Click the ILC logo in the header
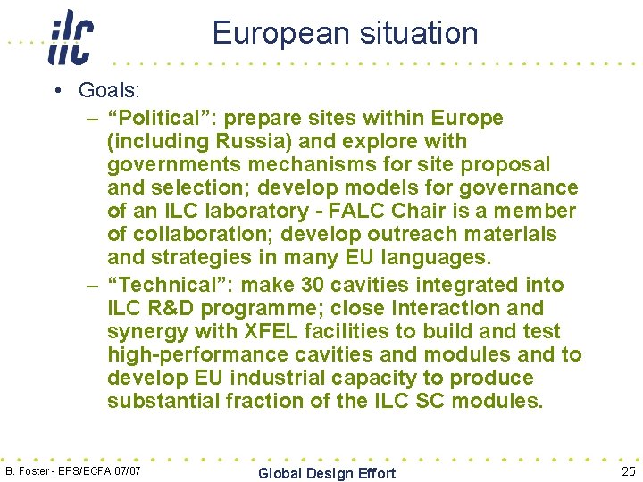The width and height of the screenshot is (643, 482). coord(71,37)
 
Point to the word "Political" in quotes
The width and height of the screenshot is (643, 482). coord(156,118)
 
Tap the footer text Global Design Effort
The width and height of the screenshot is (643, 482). coord(326,473)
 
